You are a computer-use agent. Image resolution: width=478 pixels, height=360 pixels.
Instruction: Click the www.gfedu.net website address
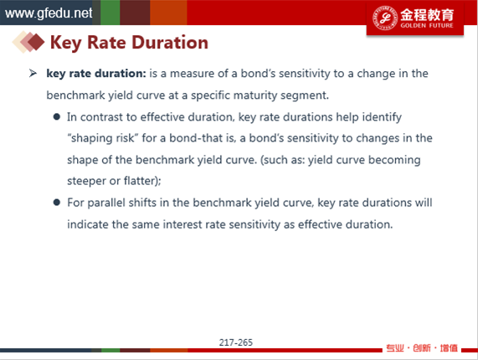click(x=49, y=13)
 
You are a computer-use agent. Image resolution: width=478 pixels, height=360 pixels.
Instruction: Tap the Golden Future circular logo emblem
click(x=385, y=18)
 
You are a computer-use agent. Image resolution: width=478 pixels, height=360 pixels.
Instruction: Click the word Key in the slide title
click(x=65, y=43)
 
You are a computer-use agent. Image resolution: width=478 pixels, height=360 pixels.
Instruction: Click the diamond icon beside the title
click(x=28, y=42)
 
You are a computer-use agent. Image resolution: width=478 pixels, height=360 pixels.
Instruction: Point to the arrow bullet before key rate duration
click(x=33, y=73)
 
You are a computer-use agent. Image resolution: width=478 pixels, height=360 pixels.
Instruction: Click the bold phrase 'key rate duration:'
click(x=96, y=74)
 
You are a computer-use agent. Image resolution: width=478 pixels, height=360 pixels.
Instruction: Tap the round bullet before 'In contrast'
click(x=56, y=116)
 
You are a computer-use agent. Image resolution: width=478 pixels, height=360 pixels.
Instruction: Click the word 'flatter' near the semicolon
click(x=140, y=181)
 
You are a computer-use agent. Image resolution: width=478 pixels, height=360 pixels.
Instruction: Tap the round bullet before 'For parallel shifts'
click(x=56, y=203)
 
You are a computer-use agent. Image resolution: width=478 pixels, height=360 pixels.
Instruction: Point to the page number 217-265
click(x=235, y=342)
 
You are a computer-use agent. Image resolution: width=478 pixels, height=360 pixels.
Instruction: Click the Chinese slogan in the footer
click(x=422, y=347)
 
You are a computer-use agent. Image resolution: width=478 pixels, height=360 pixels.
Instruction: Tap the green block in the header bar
click(x=110, y=13)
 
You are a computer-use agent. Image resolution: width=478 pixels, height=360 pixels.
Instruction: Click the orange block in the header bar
click(x=168, y=13)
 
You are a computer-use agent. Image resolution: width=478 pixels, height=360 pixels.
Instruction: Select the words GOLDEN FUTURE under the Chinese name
click(x=427, y=25)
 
